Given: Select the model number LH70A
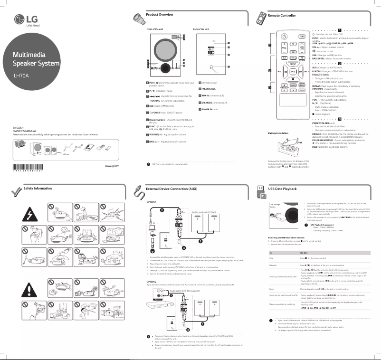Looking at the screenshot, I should [x=21, y=75].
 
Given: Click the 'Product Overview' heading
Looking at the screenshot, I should [x=159, y=15].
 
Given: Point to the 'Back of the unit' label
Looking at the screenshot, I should [x=202, y=29].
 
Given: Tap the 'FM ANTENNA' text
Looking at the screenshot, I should [x=210, y=88].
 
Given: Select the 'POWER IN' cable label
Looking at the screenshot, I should [x=209, y=109].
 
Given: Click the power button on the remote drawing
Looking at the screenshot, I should [x=284, y=36].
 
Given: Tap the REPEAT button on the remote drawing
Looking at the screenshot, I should [x=293, y=62].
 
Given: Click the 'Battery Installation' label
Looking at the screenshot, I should [x=278, y=133].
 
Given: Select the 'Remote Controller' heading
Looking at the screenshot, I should [x=282, y=16].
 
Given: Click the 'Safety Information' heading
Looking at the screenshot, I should [x=38, y=189].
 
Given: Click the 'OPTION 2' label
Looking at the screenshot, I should [x=152, y=282].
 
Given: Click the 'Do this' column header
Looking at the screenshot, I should [x=305, y=253].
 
